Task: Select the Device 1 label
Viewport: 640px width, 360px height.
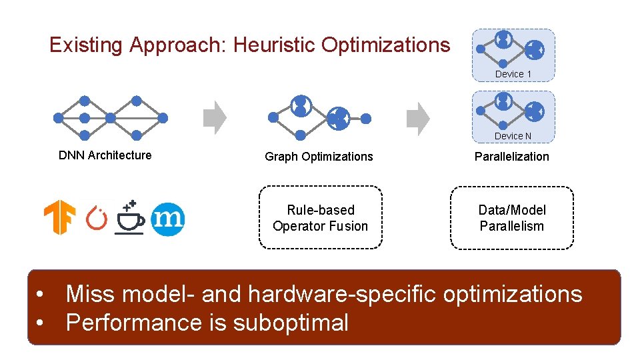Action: pyautogui.click(x=513, y=74)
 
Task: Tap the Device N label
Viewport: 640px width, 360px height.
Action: pyautogui.click(x=513, y=136)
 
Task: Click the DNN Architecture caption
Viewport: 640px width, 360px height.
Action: pyautogui.click(x=105, y=155)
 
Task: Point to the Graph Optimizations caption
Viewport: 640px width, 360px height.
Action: pyautogui.click(x=319, y=157)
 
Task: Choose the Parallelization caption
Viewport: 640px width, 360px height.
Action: pyautogui.click(x=511, y=157)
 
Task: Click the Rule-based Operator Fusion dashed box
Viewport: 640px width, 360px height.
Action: pyautogui.click(x=320, y=218)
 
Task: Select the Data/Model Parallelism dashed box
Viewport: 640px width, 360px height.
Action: pyautogui.click(x=511, y=218)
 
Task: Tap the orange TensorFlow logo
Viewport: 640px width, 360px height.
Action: pyautogui.click(x=59, y=219)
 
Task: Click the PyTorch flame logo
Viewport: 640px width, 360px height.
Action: pyautogui.click(x=97, y=219)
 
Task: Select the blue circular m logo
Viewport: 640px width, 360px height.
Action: pyautogui.click(x=167, y=219)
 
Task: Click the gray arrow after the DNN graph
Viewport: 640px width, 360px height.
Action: pyautogui.click(x=215, y=118)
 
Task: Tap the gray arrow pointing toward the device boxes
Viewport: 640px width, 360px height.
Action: pyautogui.click(x=418, y=118)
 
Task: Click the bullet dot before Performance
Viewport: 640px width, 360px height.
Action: pyautogui.click(x=41, y=323)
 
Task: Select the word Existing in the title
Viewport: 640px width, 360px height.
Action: pyautogui.click(x=86, y=45)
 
